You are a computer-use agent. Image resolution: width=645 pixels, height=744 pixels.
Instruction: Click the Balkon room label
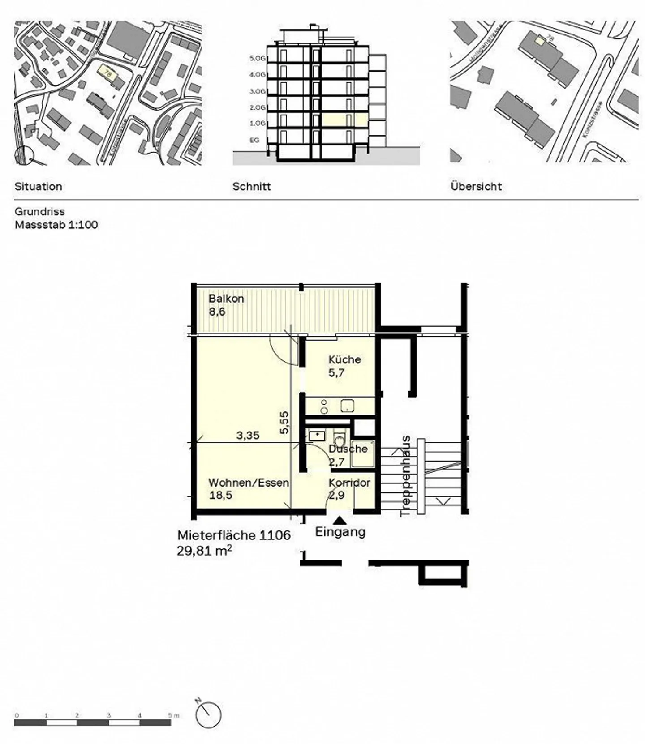coord(226,299)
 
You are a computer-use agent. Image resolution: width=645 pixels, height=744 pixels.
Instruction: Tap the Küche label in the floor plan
coord(344,359)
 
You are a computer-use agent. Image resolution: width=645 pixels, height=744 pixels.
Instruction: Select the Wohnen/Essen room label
coord(248,483)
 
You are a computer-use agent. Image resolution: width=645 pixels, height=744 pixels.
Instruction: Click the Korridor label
coord(349,483)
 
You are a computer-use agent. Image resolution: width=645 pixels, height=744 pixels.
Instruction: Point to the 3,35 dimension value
coord(248,435)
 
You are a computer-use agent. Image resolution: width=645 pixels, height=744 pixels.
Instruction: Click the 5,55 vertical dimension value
coord(284,423)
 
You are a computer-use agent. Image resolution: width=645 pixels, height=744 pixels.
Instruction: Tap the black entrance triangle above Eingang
coord(340,520)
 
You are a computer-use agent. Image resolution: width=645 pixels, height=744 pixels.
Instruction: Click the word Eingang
coord(340,532)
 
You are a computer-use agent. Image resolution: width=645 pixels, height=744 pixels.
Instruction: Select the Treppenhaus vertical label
coord(406,476)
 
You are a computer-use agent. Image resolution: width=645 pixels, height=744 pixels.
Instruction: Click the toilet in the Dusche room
coord(340,439)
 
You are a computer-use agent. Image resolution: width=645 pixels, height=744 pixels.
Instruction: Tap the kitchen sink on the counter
coord(347,406)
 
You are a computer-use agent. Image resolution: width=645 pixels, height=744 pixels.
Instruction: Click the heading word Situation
coord(38,187)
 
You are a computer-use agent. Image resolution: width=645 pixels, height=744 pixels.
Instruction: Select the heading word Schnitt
coord(251,187)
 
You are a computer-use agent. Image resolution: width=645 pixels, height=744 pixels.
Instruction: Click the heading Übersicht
coord(476,187)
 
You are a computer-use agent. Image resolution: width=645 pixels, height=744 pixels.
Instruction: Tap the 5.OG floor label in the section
coord(257,58)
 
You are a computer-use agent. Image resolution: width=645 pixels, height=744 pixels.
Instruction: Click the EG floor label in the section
coord(254,140)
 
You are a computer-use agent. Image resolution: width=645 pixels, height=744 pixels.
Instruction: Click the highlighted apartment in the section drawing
coord(344,120)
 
